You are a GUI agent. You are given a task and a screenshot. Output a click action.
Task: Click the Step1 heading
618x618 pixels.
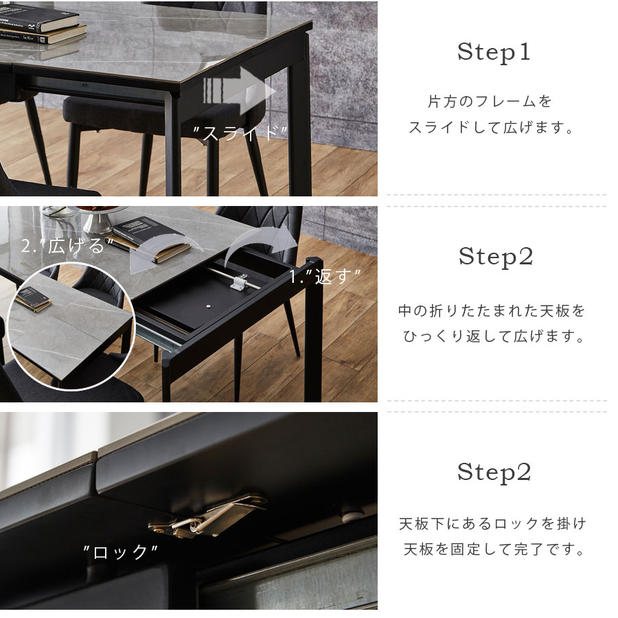[x=494, y=52]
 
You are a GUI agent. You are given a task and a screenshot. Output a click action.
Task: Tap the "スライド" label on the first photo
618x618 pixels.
[x=240, y=133]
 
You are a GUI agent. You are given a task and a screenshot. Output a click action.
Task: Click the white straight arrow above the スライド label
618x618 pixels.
[x=238, y=91]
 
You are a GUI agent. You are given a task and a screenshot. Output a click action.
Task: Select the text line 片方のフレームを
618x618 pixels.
[x=490, y=102]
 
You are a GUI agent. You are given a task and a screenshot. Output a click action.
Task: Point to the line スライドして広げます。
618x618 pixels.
[x=491, y=127]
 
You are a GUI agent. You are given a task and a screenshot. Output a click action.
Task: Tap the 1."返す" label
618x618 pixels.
[x=325, y=276]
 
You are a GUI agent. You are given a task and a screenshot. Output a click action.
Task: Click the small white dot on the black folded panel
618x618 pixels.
[x=207, y=306]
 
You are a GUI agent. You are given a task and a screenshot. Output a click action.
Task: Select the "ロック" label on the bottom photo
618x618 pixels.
[x=121, y=551]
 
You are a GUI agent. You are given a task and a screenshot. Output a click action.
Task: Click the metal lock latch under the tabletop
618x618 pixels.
[x=207, y=516]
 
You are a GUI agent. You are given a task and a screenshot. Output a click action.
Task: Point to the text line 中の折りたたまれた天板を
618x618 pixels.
[x=492, y=311]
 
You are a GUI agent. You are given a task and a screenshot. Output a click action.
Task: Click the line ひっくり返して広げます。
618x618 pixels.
[x=493, y=336]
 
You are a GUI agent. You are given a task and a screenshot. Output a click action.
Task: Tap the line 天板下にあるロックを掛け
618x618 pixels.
[x=492, y=523]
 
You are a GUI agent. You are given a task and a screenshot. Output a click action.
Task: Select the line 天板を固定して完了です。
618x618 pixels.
[x=494, y=549]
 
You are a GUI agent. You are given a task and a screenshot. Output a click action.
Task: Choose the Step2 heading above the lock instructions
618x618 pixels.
[x=494, y=472]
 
